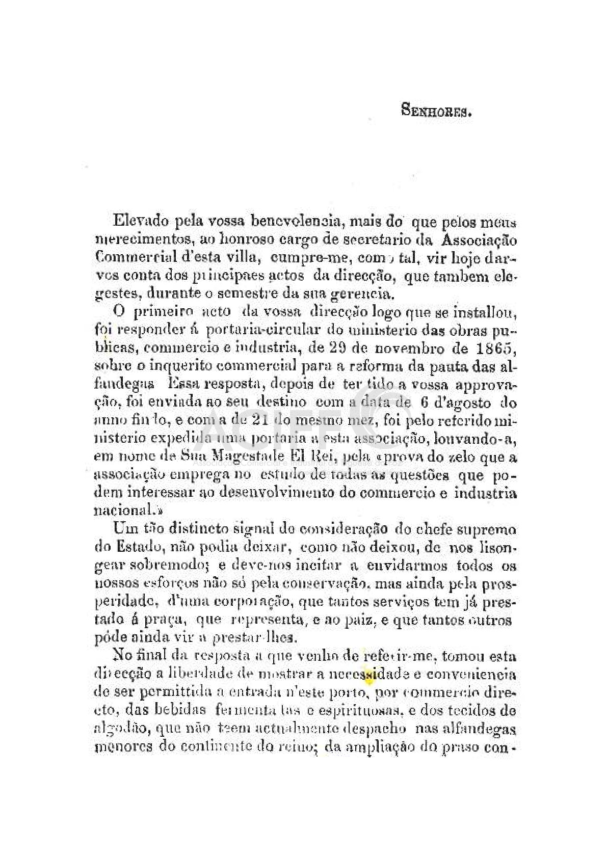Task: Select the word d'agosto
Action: point(464,403)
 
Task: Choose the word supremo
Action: point(488,530)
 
